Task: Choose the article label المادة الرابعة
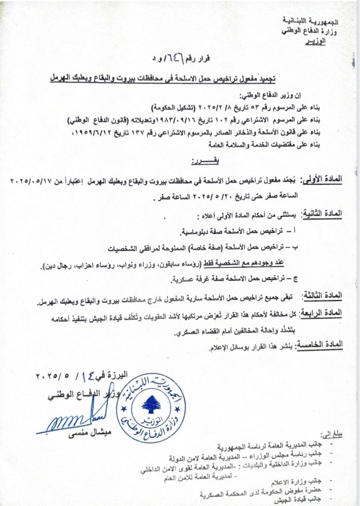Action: pyautogui.click(x=324, y=313)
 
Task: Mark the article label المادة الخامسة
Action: pyautogui.click(x=324, y=347)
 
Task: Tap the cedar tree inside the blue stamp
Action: pyautogui.click(x=151, y=404)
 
